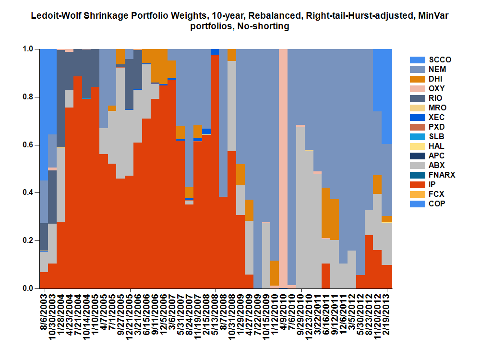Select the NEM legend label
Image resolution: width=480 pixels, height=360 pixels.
tap(438, 70)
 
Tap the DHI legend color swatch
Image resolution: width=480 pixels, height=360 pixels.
tap(416, 79)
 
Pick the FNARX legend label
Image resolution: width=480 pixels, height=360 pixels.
tap(442, 175)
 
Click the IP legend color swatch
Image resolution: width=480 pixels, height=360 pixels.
tap(416, 185)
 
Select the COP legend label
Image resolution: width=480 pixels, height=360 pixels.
tap(437, 204)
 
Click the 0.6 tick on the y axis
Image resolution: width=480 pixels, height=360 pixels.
tap(29, 144)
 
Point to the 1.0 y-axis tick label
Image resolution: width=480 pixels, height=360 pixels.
tap(29, 49)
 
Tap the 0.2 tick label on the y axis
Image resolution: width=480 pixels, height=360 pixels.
tap(29, 240)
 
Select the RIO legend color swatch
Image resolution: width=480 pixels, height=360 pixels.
tap(416, 98)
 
